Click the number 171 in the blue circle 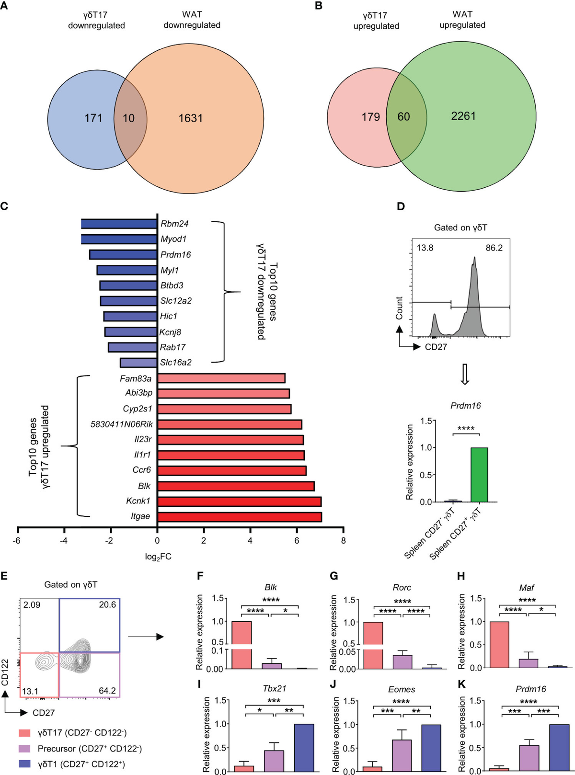point(93,118)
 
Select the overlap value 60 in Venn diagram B point(403,117)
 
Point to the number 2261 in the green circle point(463,116)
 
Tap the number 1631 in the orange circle point(191,118)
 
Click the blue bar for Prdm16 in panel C point(124,255)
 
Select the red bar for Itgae point(240,517)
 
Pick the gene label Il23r point(143,439)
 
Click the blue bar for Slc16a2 point(138,363)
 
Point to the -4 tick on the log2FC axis point(64,540)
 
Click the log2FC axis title point(158,557)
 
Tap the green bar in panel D point(479,475)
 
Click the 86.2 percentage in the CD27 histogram point(494,248)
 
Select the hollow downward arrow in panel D point(464,374)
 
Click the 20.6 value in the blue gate point(107,605)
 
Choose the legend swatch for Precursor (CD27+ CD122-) point(24,748)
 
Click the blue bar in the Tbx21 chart point(304,747)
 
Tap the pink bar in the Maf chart point(499,644)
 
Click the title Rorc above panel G point(402,588)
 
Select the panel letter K point(461,684)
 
